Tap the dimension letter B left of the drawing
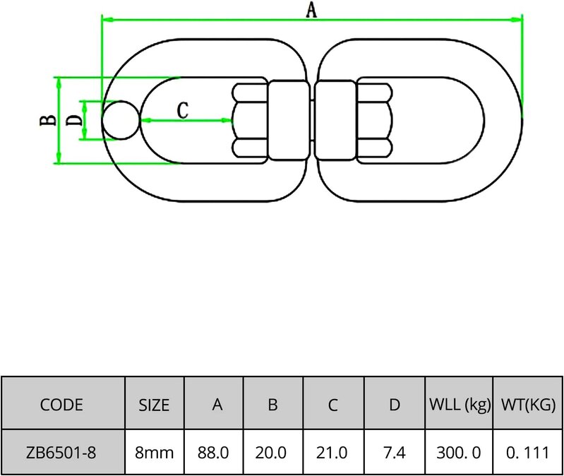(x=46, y=121)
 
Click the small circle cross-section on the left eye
(x=120, y=119)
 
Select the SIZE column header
(x=154, y=405)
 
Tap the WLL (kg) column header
(x=459, y=405)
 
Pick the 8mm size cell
(x=154, y=452)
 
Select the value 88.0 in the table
(x=213, y=452)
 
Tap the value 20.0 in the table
(x=273, y=452)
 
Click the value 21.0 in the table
(x=334, y=452)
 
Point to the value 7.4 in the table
(x=395, y=452)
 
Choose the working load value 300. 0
(x=459, y=452)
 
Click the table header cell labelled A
(x=213, y=405)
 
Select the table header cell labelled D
(x=395, y=405)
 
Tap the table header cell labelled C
(x=334, y=405)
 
